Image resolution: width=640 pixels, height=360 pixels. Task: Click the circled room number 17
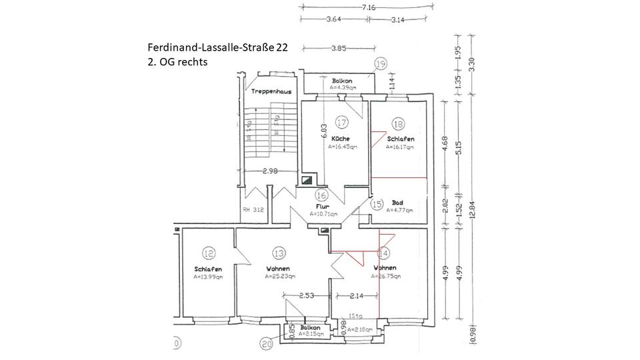click(342, 123)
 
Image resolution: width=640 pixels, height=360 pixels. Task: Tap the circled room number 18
click(399, 123)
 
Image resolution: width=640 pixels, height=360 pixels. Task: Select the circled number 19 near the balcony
click(380, 64)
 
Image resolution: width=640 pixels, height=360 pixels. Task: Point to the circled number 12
click(209, 253)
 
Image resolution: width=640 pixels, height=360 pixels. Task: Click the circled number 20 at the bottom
click(267, 344)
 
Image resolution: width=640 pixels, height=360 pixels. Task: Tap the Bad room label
click(397, 202)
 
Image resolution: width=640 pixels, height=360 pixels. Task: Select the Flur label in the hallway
click(323, 207)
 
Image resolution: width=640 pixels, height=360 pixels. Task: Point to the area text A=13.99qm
click(208, 276)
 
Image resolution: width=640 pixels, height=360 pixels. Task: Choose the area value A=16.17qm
click(400, 146)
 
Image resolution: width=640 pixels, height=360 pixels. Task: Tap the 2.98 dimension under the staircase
click(270, 171)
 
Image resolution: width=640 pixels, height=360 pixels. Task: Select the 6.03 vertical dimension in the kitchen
click(323, 131)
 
